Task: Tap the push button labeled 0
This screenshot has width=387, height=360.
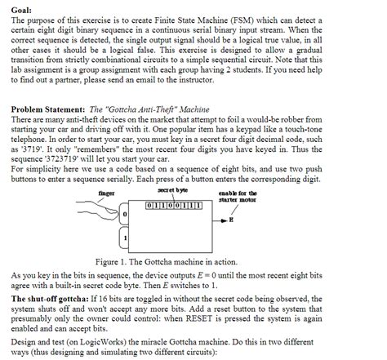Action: point(125,214)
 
